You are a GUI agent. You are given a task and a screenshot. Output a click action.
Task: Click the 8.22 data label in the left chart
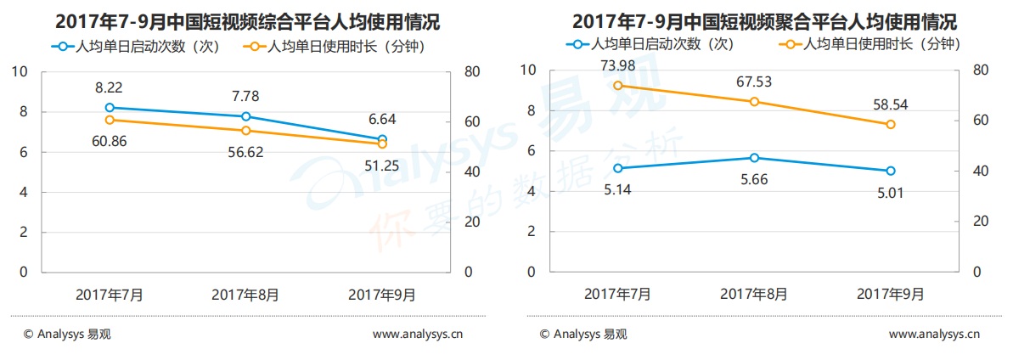pos(110,87)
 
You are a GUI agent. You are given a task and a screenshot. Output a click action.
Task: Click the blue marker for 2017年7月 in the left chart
pos(110,108)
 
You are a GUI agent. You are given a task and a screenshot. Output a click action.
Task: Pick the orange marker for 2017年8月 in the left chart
pos(245,131)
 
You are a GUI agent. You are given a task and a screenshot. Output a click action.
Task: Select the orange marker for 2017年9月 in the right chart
pos(890,125)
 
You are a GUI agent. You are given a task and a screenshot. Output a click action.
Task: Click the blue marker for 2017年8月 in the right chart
pos(754,158)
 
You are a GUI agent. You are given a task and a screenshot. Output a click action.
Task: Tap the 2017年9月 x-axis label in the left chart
pos(382,295)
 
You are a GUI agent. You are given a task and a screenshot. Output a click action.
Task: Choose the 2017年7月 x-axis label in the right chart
pos(617,294)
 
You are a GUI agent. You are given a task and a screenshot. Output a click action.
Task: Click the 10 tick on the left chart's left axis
pos(19,72)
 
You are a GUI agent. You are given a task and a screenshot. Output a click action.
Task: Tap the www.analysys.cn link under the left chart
pos(418,335)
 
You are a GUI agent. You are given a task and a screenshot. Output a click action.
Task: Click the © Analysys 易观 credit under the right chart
pos(583,335)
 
